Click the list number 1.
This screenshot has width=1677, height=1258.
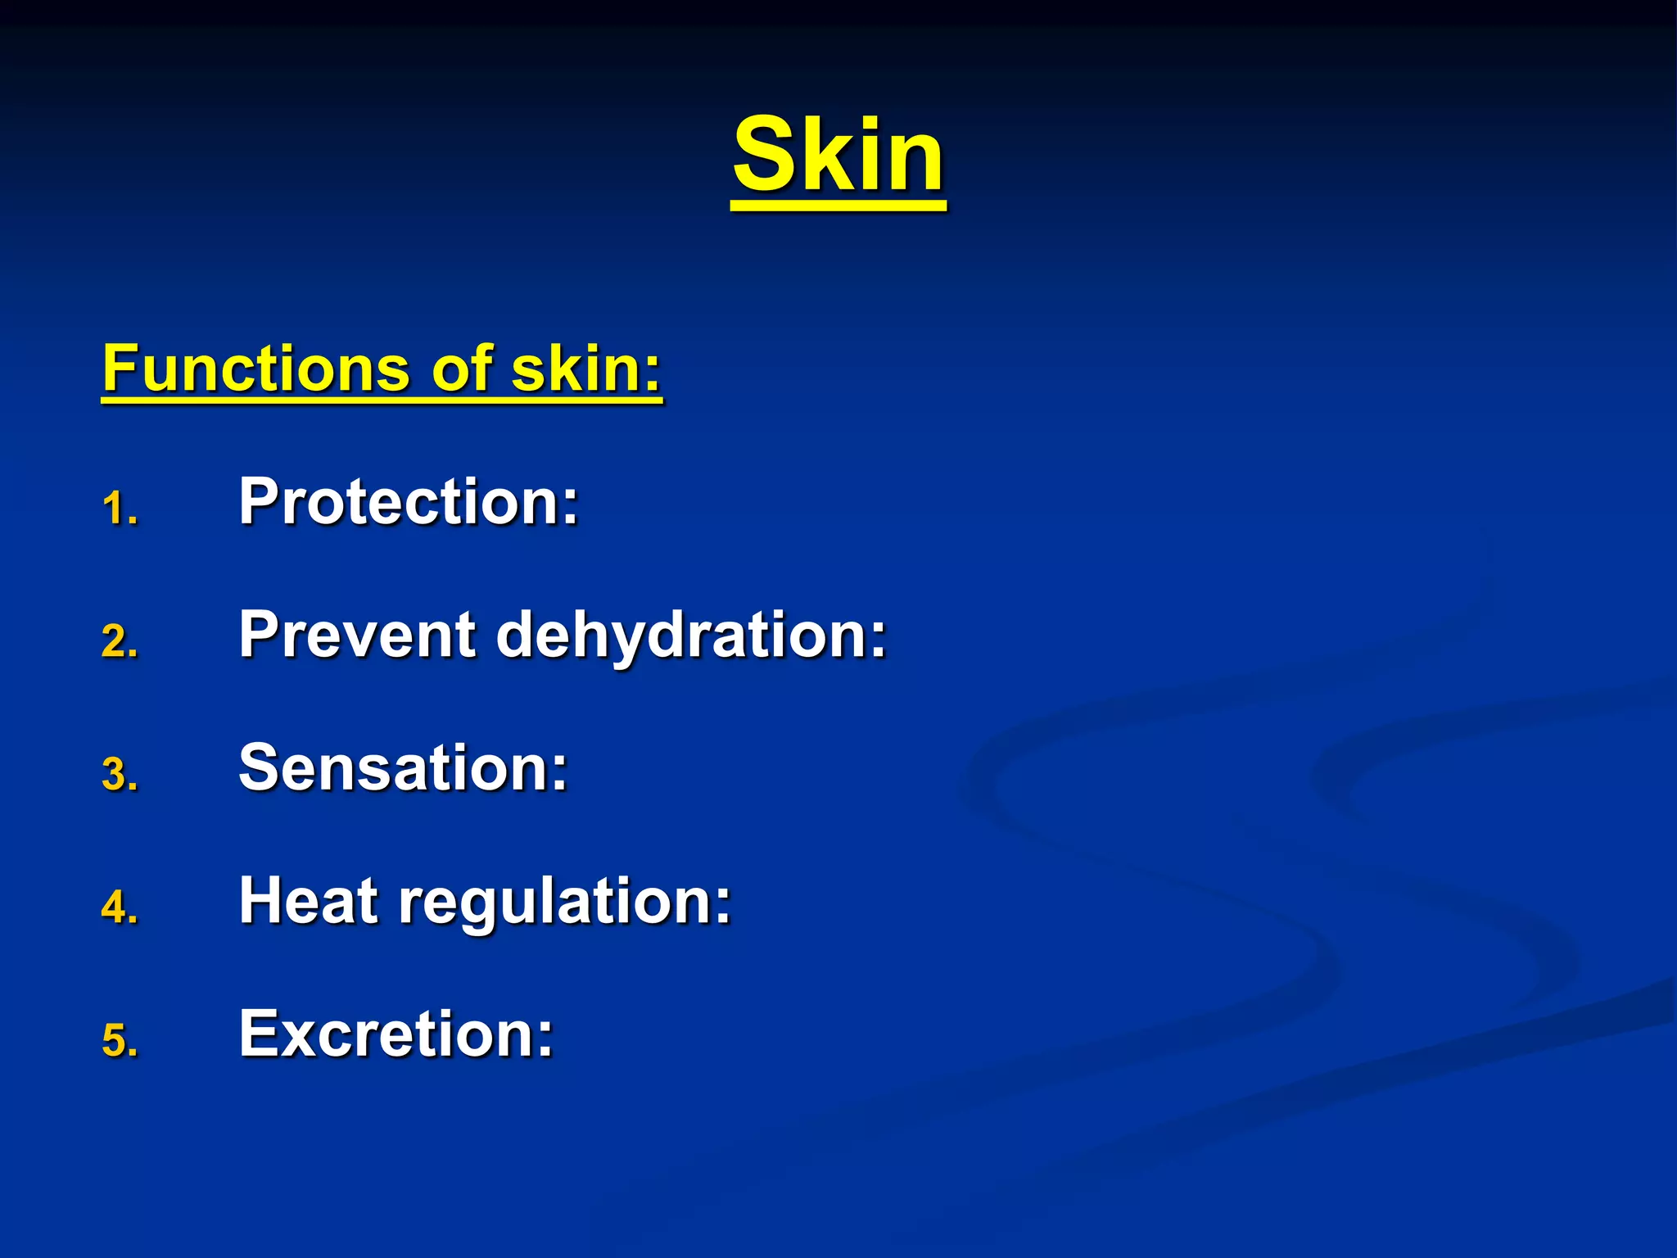pyautogui.click(x=120, y=509)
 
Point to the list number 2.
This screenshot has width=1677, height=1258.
pyautogui.click(x=120, y=641)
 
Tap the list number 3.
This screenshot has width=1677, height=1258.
pyautogui.click(x=120, y=775)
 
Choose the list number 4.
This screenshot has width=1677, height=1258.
pyautogui.click(x=120, y=908)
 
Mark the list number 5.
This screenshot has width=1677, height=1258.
pyautogui.click(x=120, y=1041)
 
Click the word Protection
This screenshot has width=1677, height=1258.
pyautogui.click(x=408, y=501)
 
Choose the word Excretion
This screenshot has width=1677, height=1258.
pyautogui.click(x=396, y=1034)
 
